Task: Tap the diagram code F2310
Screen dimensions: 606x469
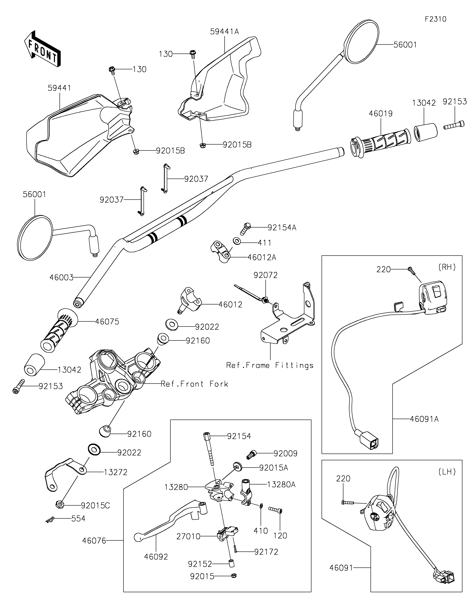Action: pos(435,19)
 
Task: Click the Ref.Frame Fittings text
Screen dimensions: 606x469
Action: pos(270,365)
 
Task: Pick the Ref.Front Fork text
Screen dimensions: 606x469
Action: pos(194,384)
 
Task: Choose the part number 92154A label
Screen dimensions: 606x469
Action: pos(282,228)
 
